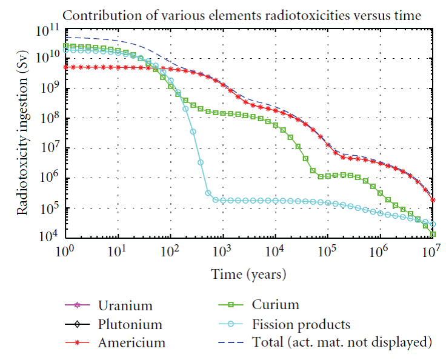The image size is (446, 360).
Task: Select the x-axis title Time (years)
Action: coord(248,275)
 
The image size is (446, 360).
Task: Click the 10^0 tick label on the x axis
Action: coord(65,250)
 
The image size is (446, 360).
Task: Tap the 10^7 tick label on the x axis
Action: coord(431,250)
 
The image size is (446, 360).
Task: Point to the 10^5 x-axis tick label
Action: coord(327,250)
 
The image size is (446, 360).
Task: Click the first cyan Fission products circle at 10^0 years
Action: coord(65,50)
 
